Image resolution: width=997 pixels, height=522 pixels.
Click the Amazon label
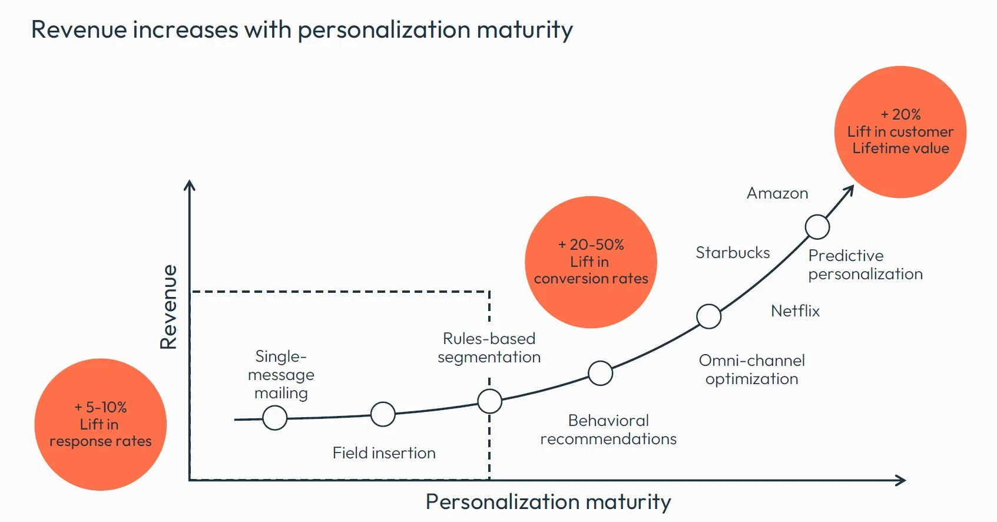[x=777, y=193]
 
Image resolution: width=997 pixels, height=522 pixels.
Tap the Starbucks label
[x=733, y=253]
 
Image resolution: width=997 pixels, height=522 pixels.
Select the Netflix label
[x=795, y=310]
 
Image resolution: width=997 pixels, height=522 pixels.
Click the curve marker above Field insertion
[x=383, y=414]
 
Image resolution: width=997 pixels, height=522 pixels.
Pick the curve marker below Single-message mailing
[x=274, y=418]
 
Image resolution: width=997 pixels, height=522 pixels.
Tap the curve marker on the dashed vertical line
[x=489, y=401]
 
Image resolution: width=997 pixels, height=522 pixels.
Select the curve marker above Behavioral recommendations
[x=600, y=373]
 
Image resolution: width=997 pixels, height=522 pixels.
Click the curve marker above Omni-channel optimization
[x=708, y=316]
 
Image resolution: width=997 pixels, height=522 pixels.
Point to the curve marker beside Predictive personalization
[x=817, y=227]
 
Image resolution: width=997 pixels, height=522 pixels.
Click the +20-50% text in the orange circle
[x=591, y=245]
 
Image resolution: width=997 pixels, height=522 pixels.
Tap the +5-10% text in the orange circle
[x=101, y=407]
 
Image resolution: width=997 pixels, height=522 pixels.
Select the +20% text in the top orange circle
[x=900, y=114]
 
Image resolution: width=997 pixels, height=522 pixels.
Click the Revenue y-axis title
[x=169, y=306]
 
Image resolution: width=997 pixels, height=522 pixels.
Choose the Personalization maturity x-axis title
[x=548, y=502]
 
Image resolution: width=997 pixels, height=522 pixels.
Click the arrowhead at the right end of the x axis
[x=901, y=480]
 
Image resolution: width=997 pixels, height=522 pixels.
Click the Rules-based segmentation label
[x=489, y=348]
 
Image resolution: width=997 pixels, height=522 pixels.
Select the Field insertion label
[x=384, y=452]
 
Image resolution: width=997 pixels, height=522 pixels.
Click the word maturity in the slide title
[x=525, y=30]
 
